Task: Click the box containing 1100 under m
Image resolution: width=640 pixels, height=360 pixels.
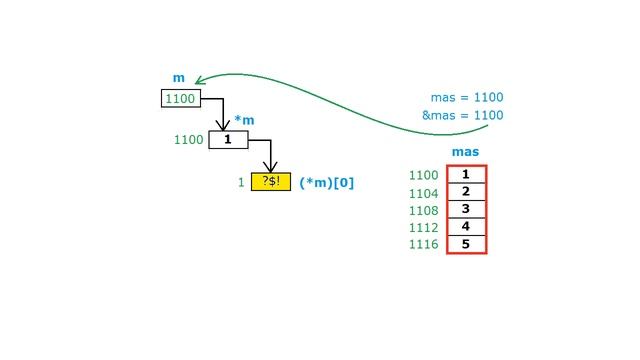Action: [181, 98]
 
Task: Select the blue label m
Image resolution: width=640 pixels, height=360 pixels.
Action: [179, 78]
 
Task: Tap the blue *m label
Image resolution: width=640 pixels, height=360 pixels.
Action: [244, 120]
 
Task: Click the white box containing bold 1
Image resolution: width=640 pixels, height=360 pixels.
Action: [228, 140]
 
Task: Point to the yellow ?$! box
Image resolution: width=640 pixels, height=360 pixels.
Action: [271, 182]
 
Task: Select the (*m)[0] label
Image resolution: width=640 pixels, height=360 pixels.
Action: [327, 182]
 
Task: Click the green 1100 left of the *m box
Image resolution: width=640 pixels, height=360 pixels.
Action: [189, 140]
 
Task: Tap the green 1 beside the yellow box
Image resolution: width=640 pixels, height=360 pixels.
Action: [241, 182]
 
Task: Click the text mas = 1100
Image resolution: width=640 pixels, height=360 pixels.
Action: [467, 97]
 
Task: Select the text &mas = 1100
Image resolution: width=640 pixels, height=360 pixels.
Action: [462, 115]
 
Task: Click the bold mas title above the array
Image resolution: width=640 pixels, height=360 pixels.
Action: [465, 152]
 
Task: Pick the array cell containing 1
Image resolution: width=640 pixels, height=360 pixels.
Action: [466, 174]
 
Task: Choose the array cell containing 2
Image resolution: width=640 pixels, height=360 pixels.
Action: [466, 192]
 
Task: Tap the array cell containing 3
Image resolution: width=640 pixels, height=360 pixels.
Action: [466, 209]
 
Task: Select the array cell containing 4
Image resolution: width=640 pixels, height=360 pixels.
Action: [466, 227]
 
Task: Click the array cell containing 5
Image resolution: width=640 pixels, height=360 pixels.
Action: [466, 244]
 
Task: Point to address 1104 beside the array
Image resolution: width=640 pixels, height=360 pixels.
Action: [424, 193]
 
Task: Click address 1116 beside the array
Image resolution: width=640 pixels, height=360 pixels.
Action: [424, 244]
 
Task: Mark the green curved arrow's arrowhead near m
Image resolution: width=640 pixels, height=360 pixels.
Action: [200, 80]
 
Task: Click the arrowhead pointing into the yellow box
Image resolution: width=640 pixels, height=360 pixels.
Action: [270, 167]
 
